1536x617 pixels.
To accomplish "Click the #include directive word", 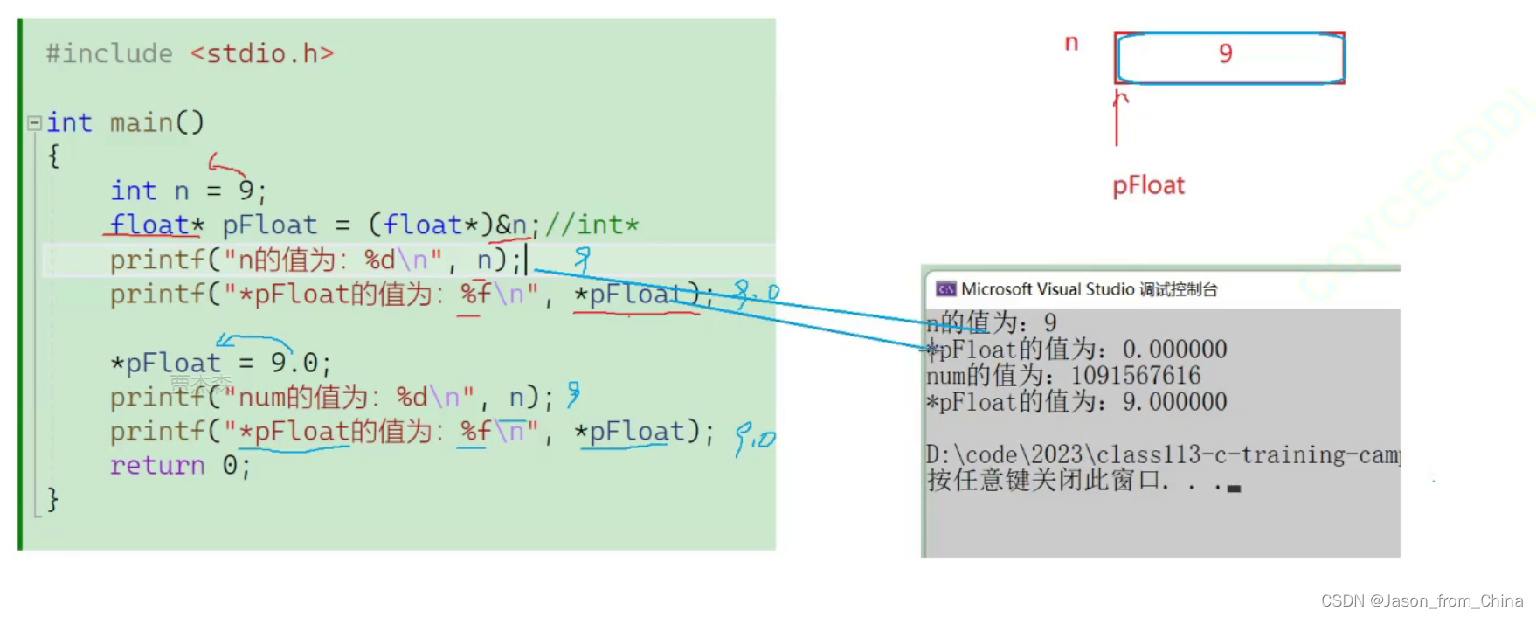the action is [109, 54].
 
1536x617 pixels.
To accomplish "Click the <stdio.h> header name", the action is [262, 54].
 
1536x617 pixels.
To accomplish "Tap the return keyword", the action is [157, 466].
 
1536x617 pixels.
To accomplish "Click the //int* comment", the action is [592, 225].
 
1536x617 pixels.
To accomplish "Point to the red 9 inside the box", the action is [1226, 54].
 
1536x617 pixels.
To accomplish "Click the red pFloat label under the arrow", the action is [1148, 186].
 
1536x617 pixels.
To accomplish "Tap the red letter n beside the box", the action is [1071, 43].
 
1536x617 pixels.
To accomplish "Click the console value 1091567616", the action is [1136, 376].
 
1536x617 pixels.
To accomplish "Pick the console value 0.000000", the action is [1175, 350].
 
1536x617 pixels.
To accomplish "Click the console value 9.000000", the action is [1175, 402].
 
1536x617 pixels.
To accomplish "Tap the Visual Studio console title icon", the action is [945, 289].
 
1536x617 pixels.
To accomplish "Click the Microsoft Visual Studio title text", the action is [1048, 289].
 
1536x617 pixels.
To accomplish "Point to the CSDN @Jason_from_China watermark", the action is [1422, 601].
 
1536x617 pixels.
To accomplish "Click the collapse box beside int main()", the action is [35, 123].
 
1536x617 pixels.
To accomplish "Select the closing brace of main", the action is [52, 499].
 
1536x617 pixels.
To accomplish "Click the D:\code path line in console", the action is [1162, 455].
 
